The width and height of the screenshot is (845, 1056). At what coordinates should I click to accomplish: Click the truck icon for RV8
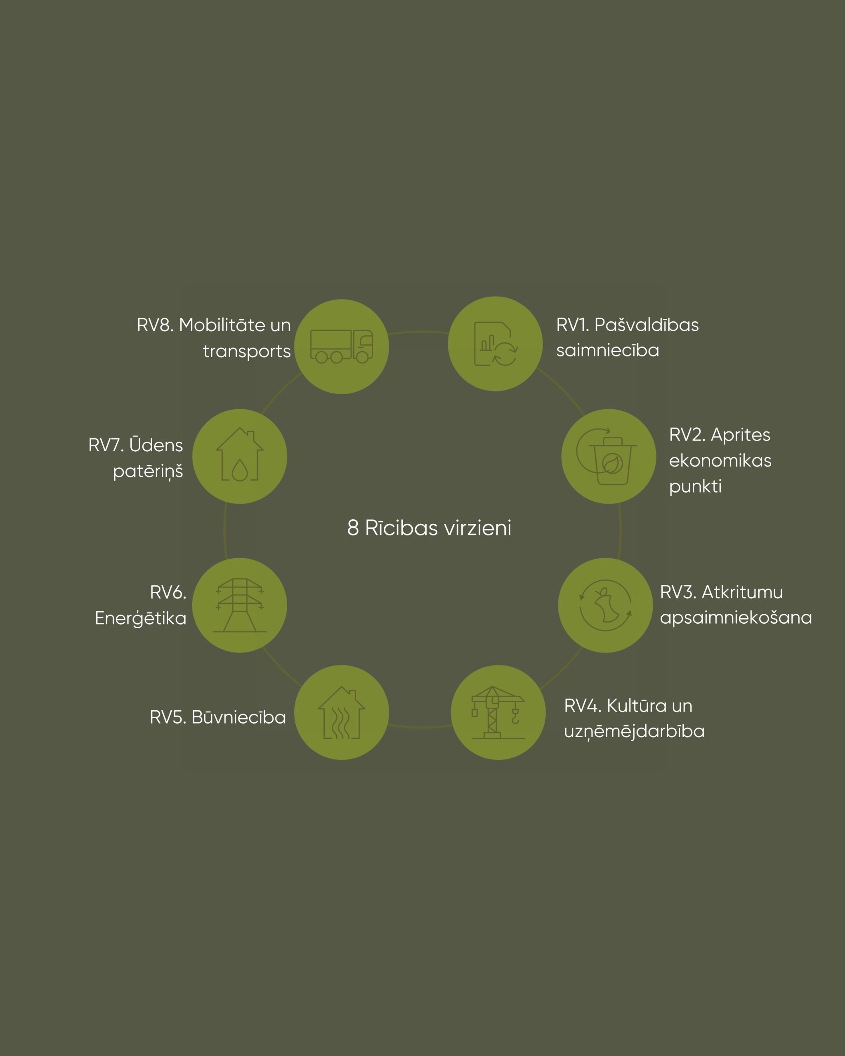(342, 346)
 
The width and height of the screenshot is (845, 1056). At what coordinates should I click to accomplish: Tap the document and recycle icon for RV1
(496, 344)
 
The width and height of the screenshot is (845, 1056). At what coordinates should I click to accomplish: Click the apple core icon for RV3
(605, 606)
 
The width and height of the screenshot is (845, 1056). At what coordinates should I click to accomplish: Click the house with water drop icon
(240, 454)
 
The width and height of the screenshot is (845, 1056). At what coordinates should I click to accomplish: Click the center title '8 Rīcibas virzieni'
(429, 528)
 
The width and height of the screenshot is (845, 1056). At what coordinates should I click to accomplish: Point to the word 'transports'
(247, 351)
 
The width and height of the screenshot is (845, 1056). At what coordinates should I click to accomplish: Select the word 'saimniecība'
(607, 350)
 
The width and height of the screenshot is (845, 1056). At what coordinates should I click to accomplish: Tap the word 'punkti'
(695, 487)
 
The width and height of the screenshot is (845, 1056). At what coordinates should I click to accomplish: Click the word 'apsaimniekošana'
(736, 618)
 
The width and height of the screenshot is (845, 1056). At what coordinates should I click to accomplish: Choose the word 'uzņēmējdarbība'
(634, 731)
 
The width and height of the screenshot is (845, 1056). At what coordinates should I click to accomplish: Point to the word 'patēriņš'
(148, 471)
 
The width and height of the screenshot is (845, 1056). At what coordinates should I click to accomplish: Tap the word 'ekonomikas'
(720, 460)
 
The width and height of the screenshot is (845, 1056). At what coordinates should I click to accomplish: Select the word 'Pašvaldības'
(647, 325)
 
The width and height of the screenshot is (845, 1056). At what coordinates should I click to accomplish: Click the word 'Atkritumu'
(742, 592)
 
